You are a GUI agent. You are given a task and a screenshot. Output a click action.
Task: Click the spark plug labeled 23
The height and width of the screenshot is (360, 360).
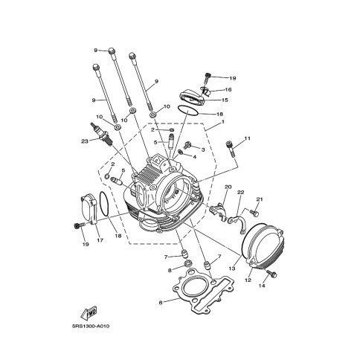point(102,135)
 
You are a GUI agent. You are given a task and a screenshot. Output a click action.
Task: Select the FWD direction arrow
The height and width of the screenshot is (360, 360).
point(89,313)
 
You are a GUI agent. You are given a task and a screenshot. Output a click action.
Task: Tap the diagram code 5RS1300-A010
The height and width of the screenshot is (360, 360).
point(91,326)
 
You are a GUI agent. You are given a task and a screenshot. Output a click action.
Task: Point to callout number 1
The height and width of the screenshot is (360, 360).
point(223,122)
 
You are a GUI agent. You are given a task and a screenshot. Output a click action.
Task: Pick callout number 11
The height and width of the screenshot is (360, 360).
point(247,138)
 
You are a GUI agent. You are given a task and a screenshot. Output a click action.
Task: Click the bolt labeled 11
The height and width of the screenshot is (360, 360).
point(230,148)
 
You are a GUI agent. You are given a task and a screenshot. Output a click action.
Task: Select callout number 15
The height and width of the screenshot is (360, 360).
point(225,100)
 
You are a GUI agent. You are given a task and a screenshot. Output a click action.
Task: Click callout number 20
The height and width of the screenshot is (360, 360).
point(228,187)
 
